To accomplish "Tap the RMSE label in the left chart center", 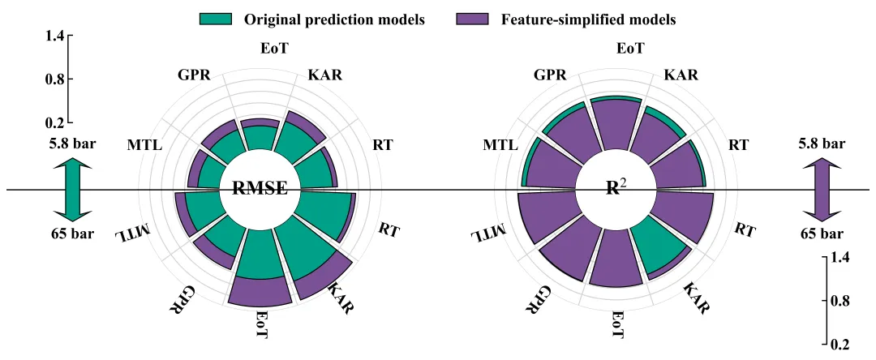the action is (x=260, y=189).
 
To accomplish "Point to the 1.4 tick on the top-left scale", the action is (x=55, y=36).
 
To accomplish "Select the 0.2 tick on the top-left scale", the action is (x=55, y=123).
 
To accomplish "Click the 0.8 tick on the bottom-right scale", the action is (x=839, y=301).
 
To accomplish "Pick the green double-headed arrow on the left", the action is (x=71, y=190).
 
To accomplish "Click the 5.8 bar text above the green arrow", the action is (x=71, y=144).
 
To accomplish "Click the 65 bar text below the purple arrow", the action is (x=821, y=234).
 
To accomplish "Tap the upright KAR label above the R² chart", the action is (x=681, y=75).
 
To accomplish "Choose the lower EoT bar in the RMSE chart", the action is (x=260, y=288).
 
